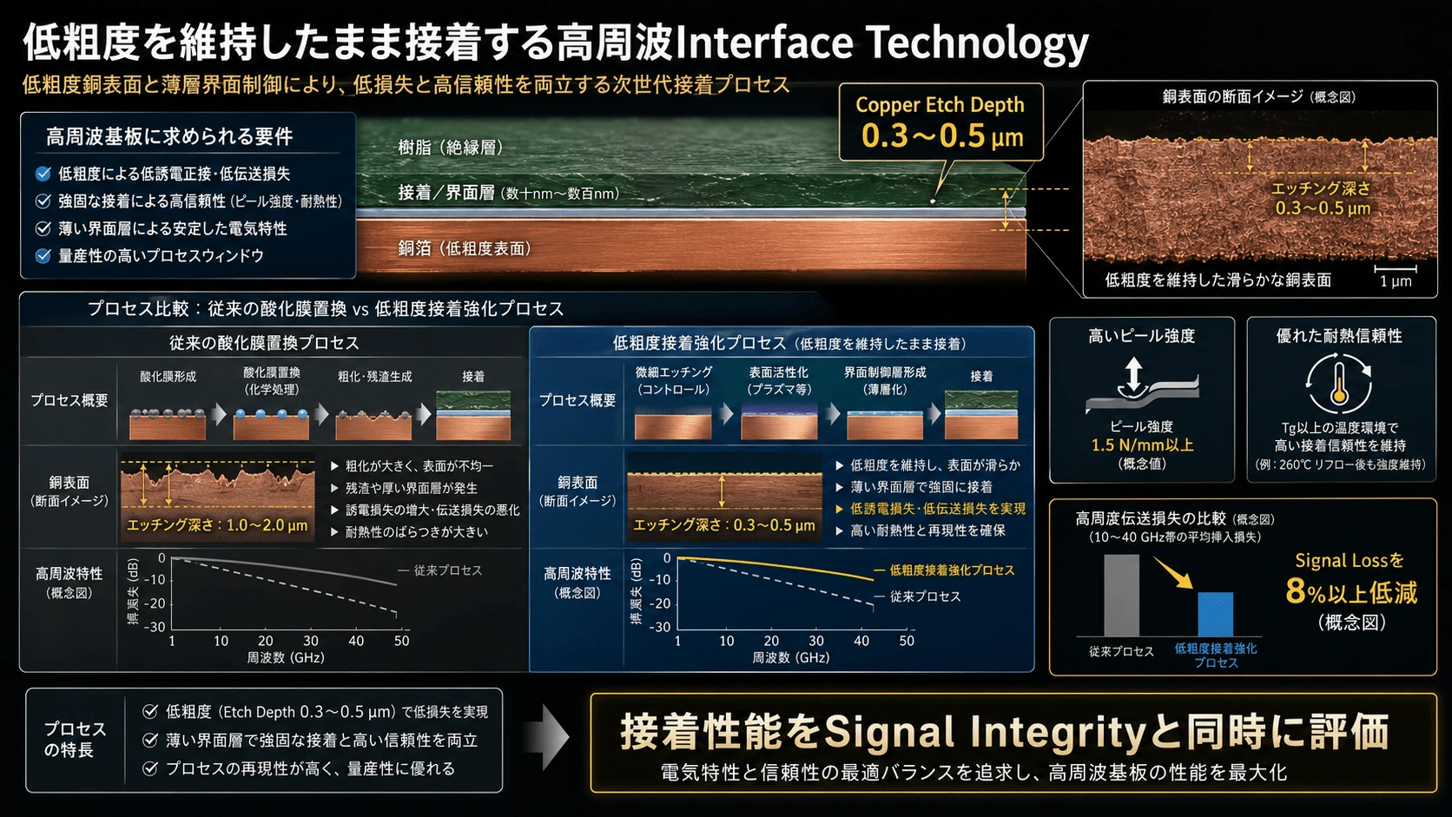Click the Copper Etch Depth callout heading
point(940,104)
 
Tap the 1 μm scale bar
point(1395,267)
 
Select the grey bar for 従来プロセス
point(1121,595)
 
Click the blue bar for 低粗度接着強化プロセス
point(1215,614)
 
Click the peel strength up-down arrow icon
point(1133,375)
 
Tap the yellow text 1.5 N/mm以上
point(1142,445)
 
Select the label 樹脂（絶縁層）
point(452,148)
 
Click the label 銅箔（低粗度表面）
point(465,248)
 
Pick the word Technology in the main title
point(977,43)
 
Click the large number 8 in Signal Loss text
point(1295,591)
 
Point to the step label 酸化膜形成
point(168,377)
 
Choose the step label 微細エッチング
point(674,372)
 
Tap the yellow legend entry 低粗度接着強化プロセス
point(952,570)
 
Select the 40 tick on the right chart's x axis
point(861,641)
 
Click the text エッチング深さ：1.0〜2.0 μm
point(217,525)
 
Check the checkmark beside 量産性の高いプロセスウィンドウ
point(43,256)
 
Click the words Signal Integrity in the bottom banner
point(986,732)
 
